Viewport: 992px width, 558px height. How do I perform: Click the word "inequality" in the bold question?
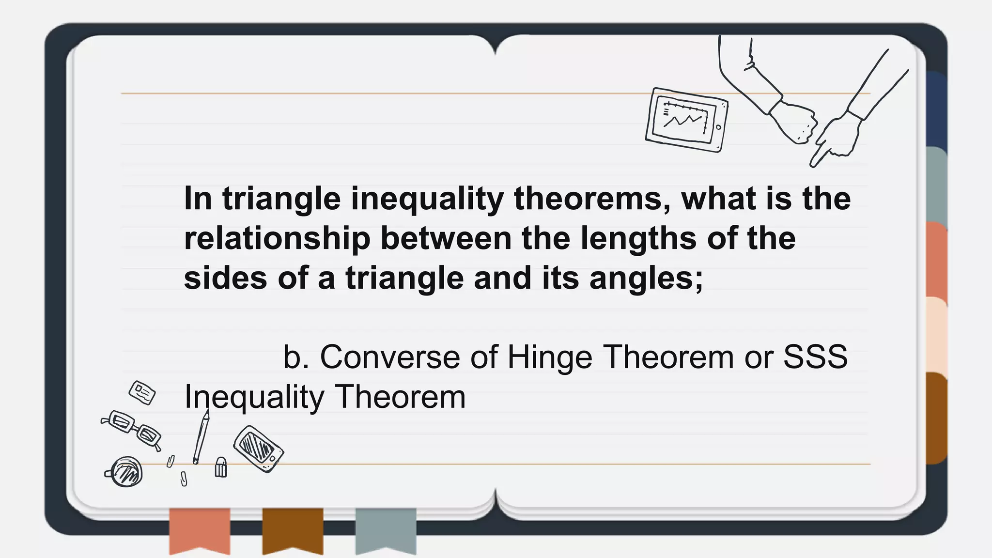pos(427,200)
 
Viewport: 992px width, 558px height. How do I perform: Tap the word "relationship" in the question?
pos(277,239)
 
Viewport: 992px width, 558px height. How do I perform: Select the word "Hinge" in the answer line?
pos(549,357)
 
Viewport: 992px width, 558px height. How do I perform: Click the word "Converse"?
pos(390,357)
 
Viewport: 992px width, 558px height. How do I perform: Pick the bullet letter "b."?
pos(296,357)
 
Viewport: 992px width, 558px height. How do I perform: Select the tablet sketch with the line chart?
pos(686,120)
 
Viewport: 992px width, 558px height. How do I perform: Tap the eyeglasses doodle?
pos(131,428)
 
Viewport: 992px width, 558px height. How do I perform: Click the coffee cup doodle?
pos(125,472)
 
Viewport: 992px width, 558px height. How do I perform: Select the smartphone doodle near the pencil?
pos(258,449)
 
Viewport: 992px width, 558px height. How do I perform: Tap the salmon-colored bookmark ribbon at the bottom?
pos(200,529)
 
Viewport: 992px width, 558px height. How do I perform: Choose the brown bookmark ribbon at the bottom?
pos(293,529)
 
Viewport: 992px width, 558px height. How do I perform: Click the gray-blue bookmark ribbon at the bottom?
pos(386,529)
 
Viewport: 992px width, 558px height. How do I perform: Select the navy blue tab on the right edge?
pos(936,109)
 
